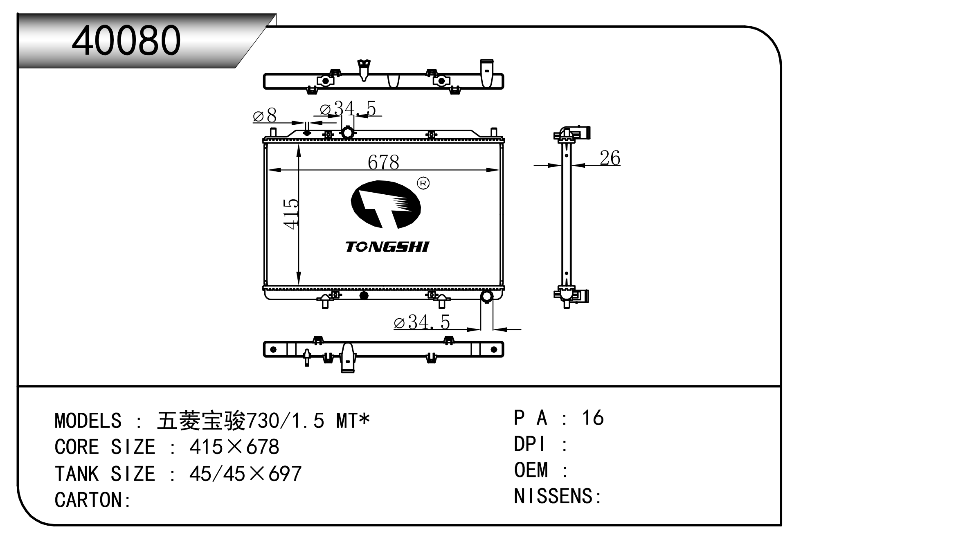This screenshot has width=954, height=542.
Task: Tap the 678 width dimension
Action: point(383,162)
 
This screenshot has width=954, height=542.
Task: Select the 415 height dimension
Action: point(291,214)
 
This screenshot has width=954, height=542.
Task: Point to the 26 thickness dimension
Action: point(610,158)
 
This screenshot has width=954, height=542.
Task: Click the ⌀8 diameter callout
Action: point(265,116)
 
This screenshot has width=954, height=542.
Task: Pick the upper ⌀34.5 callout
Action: point(348,109)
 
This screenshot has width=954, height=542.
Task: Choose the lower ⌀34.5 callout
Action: point(422,322)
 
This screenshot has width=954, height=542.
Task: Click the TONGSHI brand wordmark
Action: point(387,247)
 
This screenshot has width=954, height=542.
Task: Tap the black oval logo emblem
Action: point(386,204)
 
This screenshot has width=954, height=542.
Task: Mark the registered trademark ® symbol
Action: point(423,183)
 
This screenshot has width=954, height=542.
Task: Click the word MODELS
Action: point(88,421)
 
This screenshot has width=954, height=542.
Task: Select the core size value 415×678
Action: point(234,447)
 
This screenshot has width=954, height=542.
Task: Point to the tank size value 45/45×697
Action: point(245,474)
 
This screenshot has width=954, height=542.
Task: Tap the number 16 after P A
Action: point(593,418)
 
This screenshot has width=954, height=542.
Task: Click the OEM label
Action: point(531,470)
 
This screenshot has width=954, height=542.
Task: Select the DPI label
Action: point(530,444)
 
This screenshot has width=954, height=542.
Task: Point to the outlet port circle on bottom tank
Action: point(486,296)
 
